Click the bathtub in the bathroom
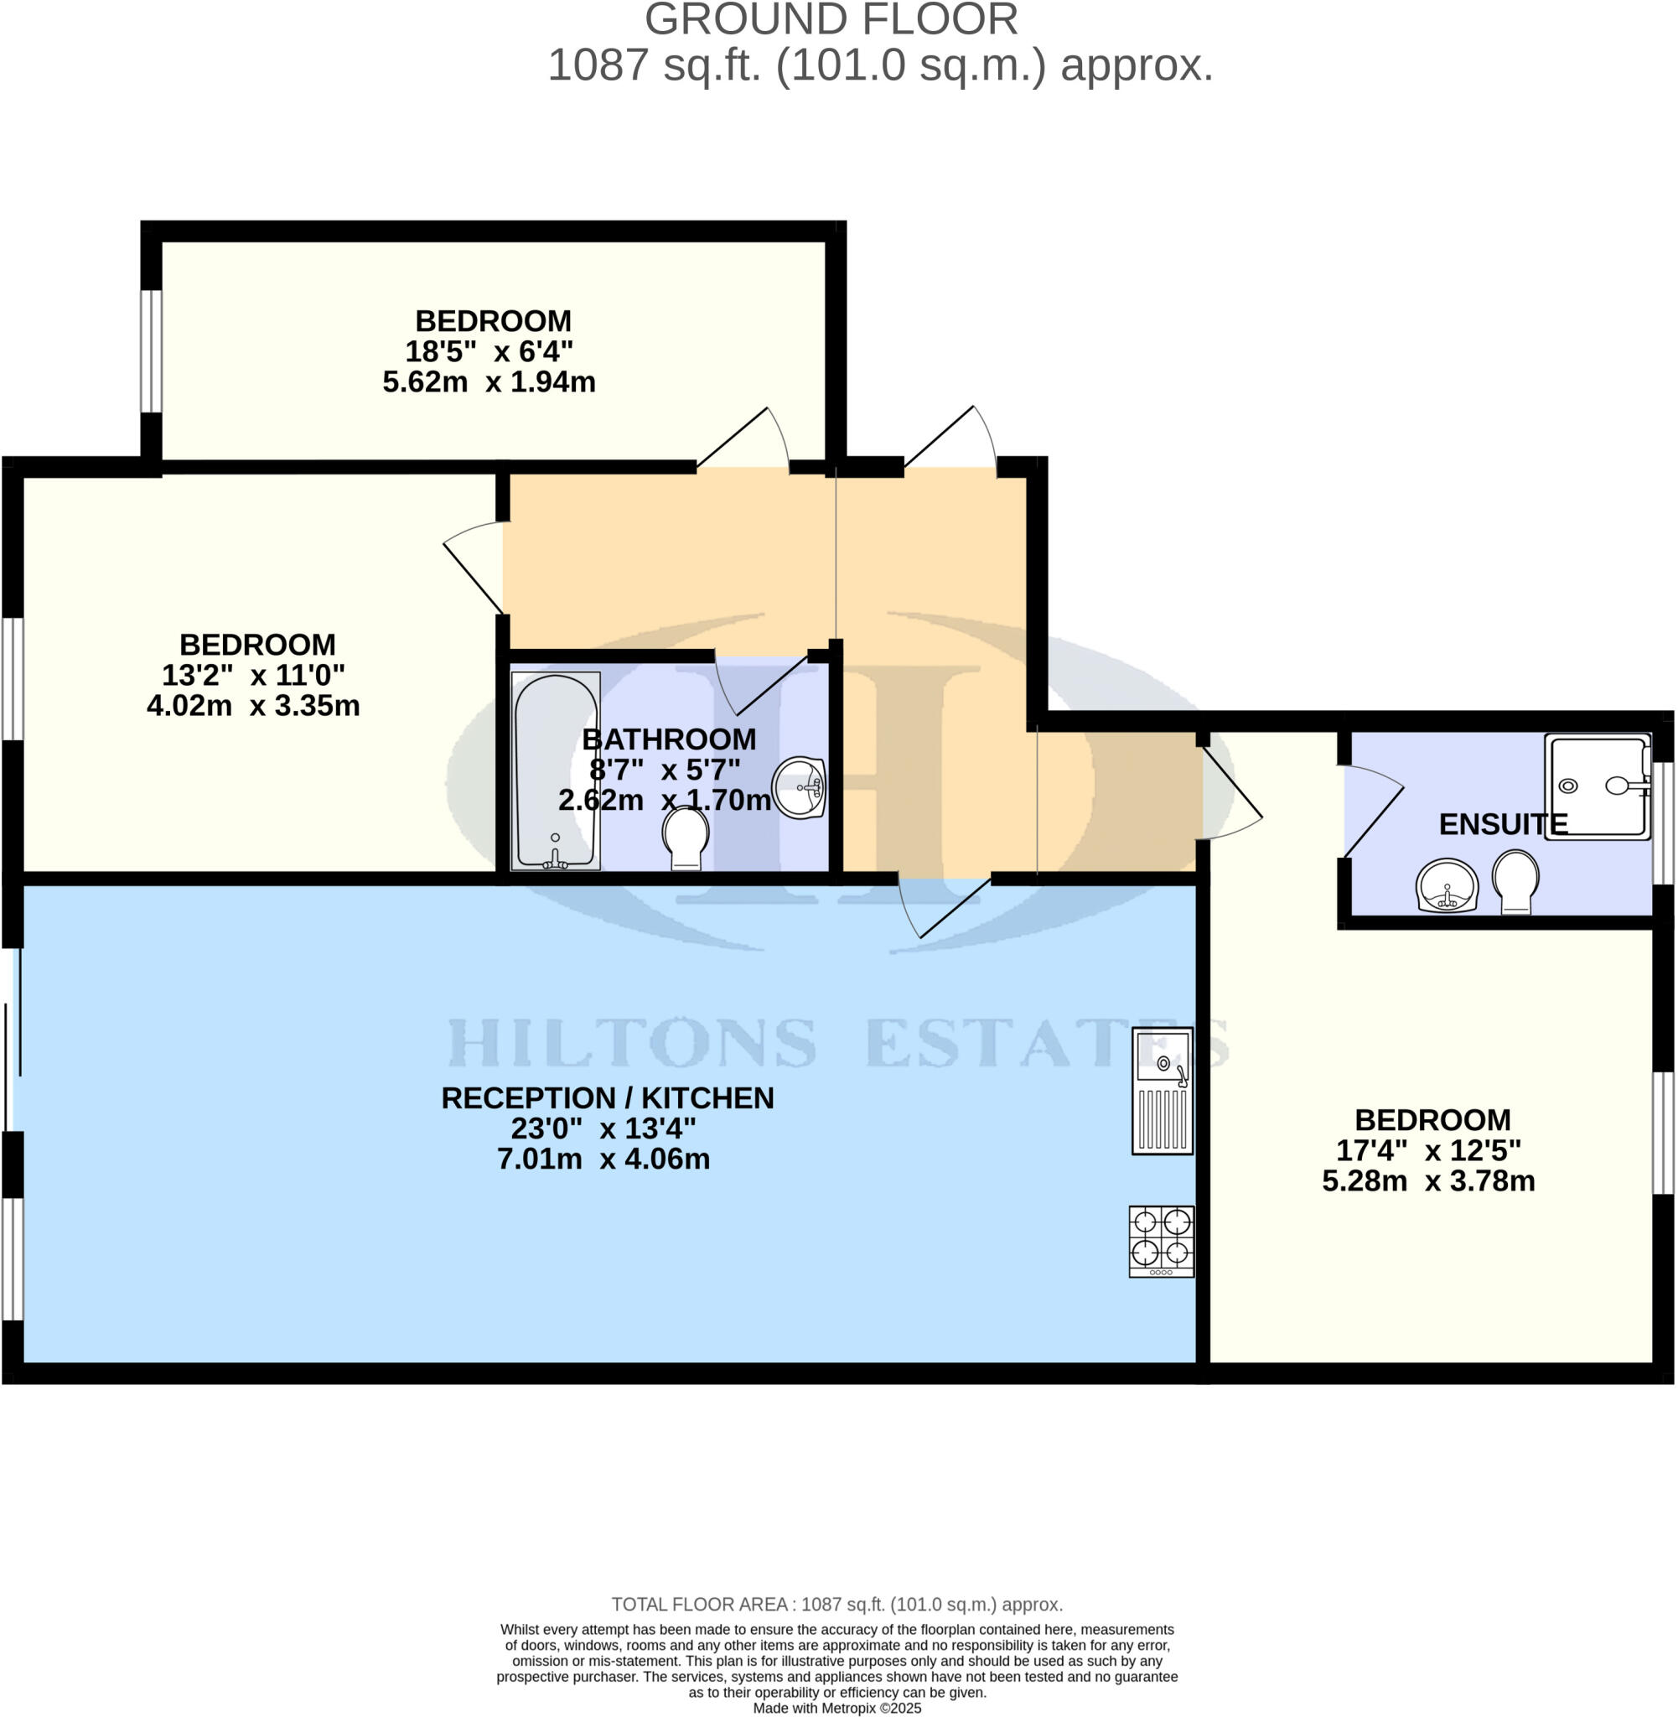[x=555, y=771]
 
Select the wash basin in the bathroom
[x=800, y=787]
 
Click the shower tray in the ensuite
[x=1597, y=786]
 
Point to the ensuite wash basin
[x=1446, y=886]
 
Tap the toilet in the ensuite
[x=1516, y=880]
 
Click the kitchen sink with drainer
[x=1163, y=1092]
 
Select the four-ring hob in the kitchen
[x=1162, y=1241]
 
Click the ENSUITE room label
[x=1503, y=824]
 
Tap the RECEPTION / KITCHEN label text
[x=607, y=1098]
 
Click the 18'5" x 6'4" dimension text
[x=489, y=351]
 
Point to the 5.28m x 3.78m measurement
[x=1427, y=1181]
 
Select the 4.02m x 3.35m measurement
[x=253, y=706]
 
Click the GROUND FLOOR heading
[x=831, y=19]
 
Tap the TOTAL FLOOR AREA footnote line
[x=836, y=1605]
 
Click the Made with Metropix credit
[x=836, y=1707]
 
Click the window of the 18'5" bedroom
[x=152, y=350]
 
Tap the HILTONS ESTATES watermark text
[x=837, y=1044]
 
